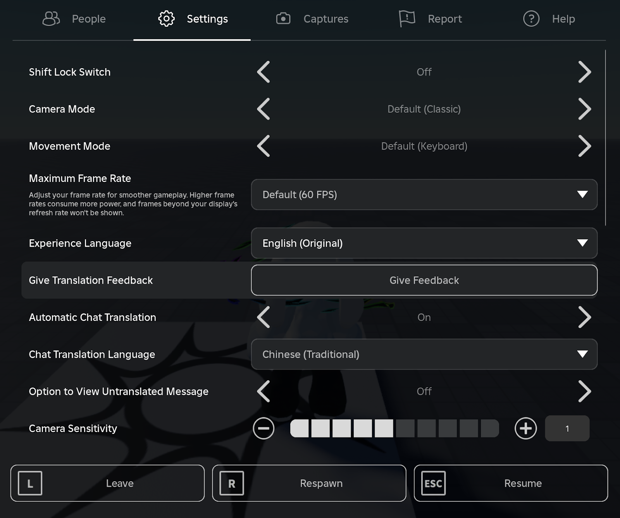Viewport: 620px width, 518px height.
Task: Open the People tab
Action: click(74, 19)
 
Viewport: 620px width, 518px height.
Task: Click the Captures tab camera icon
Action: click(283, 19)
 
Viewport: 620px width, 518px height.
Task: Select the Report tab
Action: click(431, 19)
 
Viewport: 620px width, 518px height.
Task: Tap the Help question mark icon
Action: click(531, 19)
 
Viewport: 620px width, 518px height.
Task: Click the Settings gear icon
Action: click(167, 19)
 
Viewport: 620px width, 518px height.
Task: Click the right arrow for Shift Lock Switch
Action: click(584, 72)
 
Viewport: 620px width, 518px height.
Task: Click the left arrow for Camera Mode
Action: click(263, 109)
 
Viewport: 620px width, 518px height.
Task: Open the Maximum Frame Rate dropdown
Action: click(424, 194)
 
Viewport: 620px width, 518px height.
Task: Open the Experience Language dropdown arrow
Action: click(582, 243)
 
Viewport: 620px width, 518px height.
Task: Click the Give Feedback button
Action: click(424, 280)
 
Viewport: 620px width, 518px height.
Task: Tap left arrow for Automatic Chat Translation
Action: click(263, 317)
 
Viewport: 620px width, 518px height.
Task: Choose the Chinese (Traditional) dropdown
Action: click(424, 354)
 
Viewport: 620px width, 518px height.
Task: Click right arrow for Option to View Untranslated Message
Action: click(584, 391)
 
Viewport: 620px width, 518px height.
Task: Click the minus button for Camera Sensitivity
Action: click(263, 429)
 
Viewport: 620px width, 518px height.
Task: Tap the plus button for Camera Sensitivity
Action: click(525, 429)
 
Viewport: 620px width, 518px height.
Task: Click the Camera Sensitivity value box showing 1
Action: click(567, 429)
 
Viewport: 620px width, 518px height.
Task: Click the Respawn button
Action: click(309, 483)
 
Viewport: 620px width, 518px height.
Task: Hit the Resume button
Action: click(511, 483)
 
